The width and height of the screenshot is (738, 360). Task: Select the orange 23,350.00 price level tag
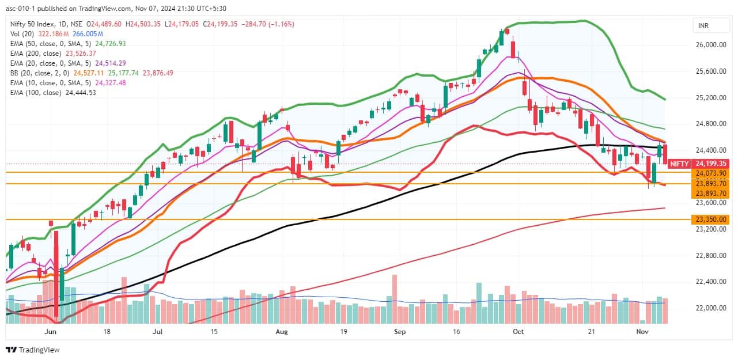point(711,219)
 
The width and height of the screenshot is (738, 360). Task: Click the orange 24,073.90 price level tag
point(711,173)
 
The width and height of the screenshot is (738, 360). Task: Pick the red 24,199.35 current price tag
point(711,164)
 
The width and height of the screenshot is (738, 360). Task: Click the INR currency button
point(703,26)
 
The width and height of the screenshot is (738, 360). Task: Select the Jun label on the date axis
point(50,332)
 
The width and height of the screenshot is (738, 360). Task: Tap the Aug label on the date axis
point(281,332)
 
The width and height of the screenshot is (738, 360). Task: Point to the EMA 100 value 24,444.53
point(80,93)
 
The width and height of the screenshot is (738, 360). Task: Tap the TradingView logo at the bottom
point(33,350)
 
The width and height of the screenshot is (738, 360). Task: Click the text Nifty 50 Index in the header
point(31,24)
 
